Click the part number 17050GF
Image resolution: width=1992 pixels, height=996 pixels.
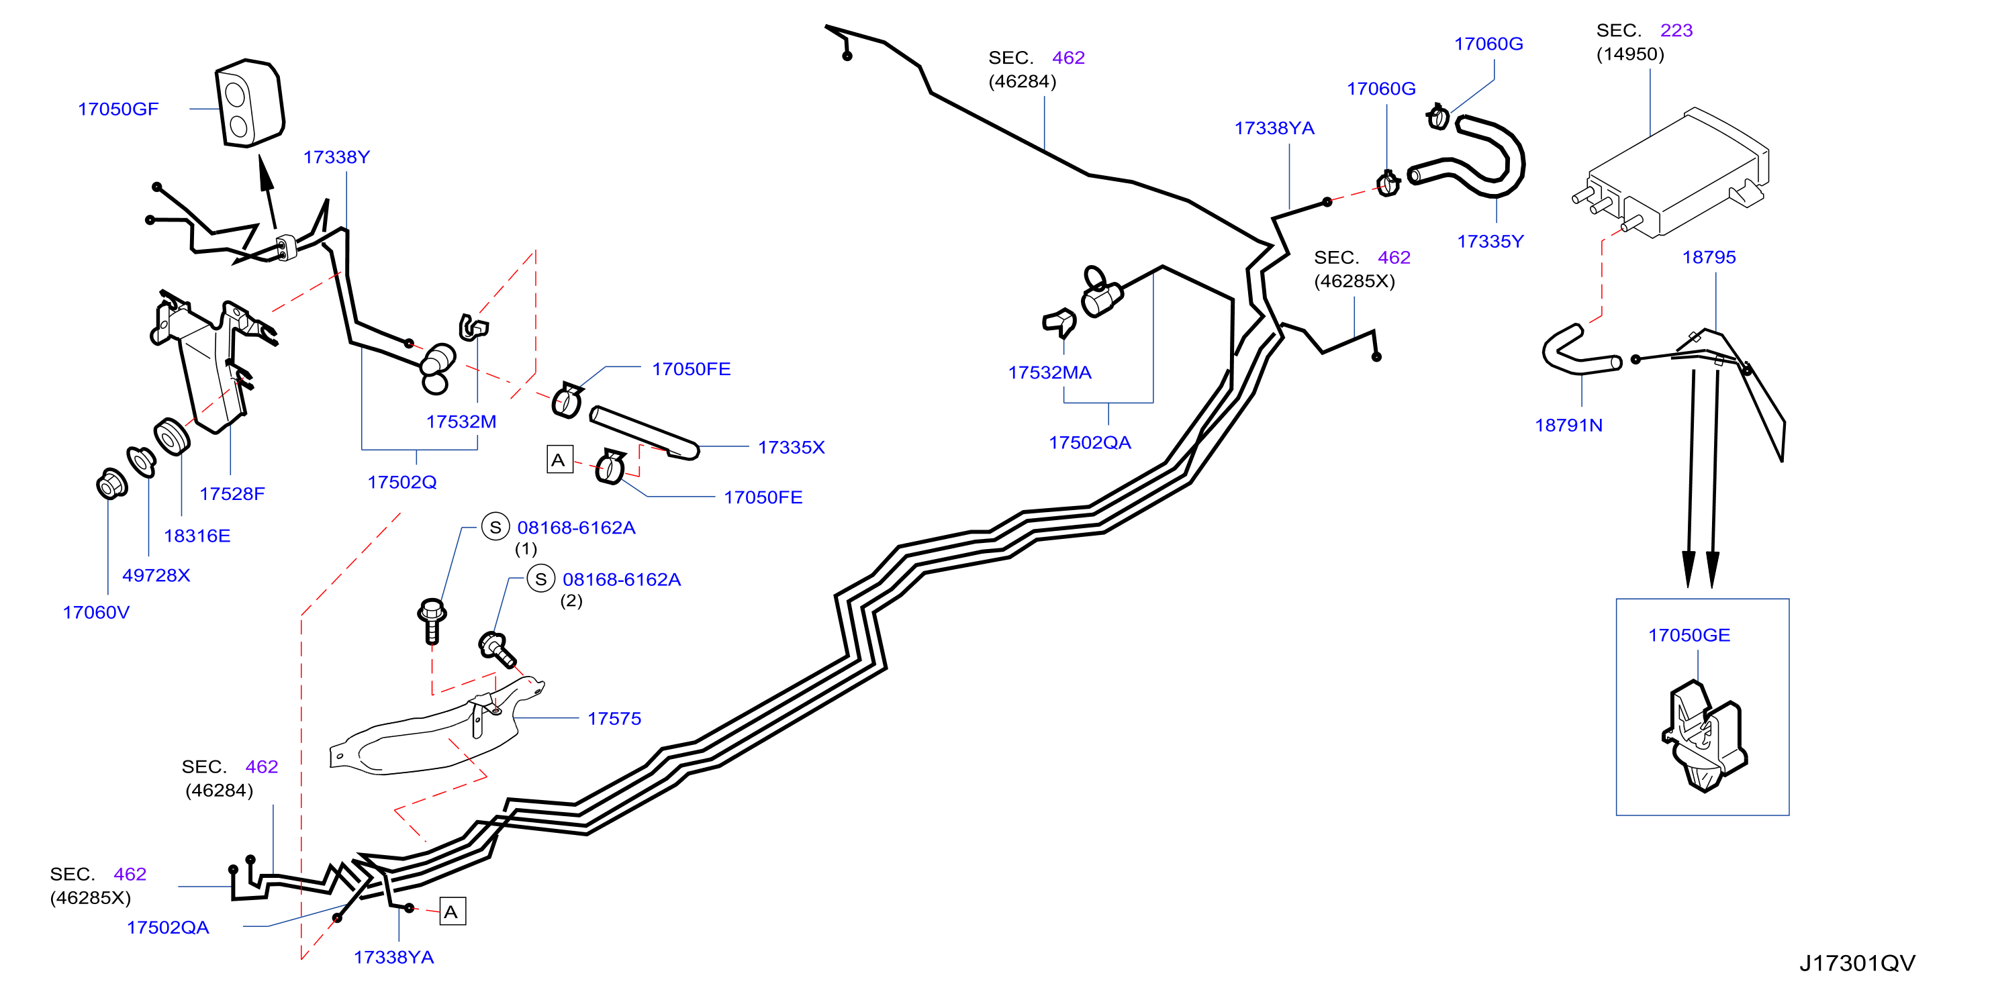coord(118,109)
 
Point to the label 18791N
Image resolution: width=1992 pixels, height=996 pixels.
coord(1568,425)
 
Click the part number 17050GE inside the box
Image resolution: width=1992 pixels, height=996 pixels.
coord(1689,635)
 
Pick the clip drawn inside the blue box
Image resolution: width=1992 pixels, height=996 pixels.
coord(1703,736)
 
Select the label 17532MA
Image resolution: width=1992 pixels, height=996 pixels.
coord(1049,372)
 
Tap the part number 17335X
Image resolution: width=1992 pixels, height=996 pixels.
coord(791,447)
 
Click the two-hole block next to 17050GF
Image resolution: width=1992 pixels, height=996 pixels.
coord(249,103)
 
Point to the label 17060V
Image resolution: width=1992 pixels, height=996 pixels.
coord(96,613)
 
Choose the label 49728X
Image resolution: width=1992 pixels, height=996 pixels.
coord(156,575)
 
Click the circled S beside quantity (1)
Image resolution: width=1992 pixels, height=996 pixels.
coord(495,528)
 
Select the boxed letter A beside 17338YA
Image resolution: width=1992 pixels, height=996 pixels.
coord(453,911)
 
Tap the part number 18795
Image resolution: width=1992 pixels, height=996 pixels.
coord(1709,257)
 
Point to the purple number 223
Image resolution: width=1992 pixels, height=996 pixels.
coord(1676,30)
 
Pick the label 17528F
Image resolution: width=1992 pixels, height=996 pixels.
coord(232,493)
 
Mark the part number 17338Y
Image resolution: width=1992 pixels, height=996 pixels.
coord(336,157)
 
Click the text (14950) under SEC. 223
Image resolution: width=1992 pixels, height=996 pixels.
coord(1630,54)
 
